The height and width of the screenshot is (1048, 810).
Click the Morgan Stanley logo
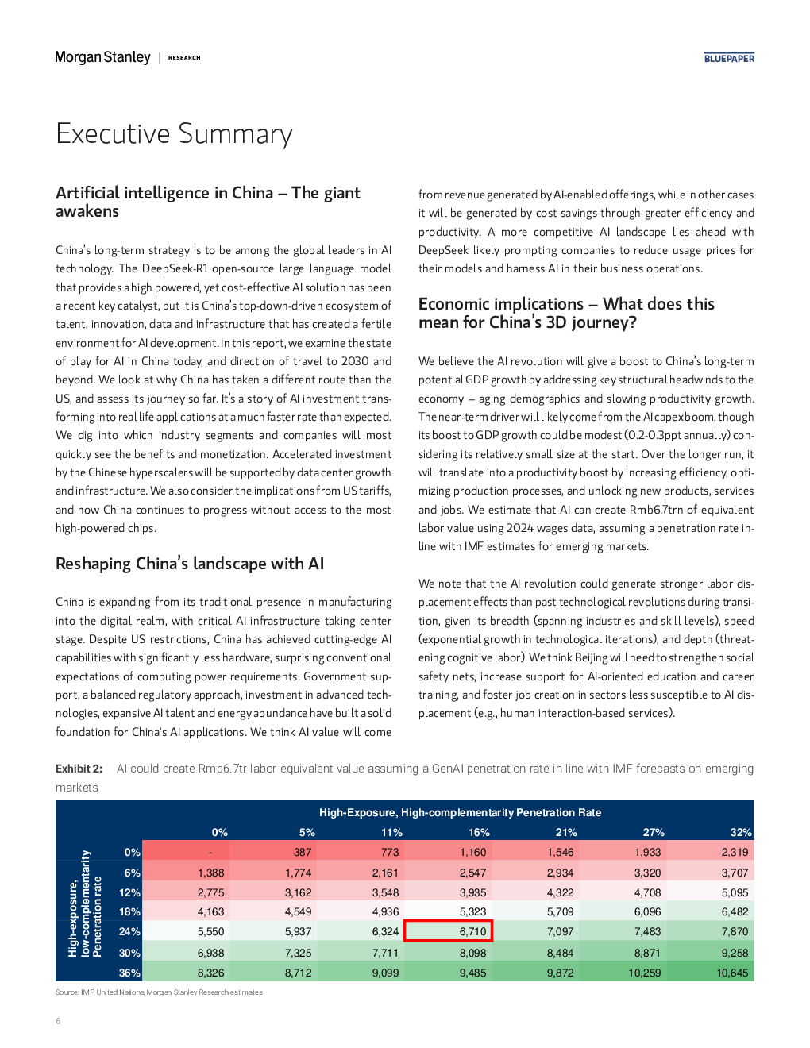[x=102, y=57]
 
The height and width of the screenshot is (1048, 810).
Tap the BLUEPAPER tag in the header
[x=729, y=58]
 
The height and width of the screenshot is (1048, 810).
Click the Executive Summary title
[x=174, y=133]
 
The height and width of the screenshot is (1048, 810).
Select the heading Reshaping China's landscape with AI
[x=190, y=564]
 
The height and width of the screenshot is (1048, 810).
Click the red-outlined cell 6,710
[x=448, y=931]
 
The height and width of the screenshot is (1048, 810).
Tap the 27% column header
[x=654, y=832]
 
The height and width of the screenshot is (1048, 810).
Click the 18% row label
[x=129, y=911]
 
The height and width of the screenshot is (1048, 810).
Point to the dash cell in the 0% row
[x=210, y=853]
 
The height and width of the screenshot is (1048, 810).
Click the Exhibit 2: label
[x=79, y=769]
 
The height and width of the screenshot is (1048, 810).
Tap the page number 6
[x=58, y=1020]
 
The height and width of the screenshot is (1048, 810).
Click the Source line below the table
[x=159, y=992]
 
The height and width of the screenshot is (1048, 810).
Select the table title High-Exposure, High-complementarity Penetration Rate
[x=460, y=813]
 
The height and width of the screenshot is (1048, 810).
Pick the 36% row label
[x=129, y=973]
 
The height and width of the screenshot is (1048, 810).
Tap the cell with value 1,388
[x=210, y=873]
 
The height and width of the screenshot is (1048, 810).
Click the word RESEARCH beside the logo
[x=183, y=58]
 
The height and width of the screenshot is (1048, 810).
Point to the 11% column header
[x=391, y=832]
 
